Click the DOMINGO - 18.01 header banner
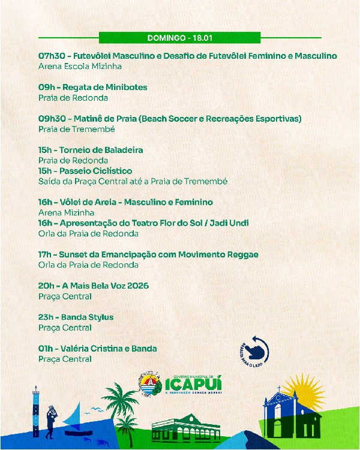(179, 38)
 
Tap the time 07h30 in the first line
(50, 56)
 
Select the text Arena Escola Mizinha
(80, 67)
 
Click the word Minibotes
(125, 87)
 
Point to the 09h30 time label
(50, 118)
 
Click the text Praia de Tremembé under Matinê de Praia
(76, 129)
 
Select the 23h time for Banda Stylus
(46, 317)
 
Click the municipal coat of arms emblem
(146, 384)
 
